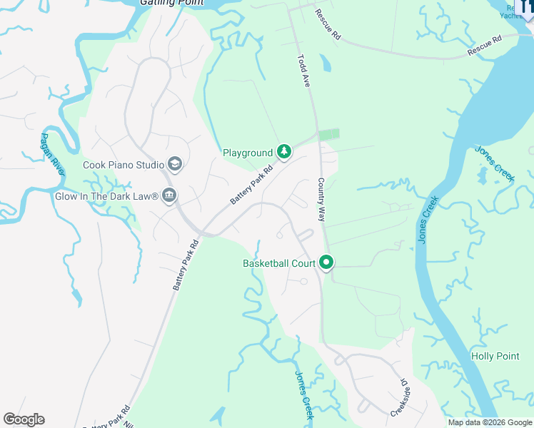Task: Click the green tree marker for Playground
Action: pos(284,151)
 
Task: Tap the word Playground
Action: pos(248,153)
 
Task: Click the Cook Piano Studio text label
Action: pos(124,165)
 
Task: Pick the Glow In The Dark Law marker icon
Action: pos(169,195)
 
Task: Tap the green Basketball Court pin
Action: pos(327,263)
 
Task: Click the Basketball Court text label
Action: pos(279,263)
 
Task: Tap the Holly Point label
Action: pos(495,356)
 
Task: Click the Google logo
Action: pos(24,419)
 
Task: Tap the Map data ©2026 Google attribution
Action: pos(490,422)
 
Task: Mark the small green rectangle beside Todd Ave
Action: pos(328,134)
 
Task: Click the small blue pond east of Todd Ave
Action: pos(326,63)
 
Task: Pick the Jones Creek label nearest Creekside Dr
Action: pos(304,394)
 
